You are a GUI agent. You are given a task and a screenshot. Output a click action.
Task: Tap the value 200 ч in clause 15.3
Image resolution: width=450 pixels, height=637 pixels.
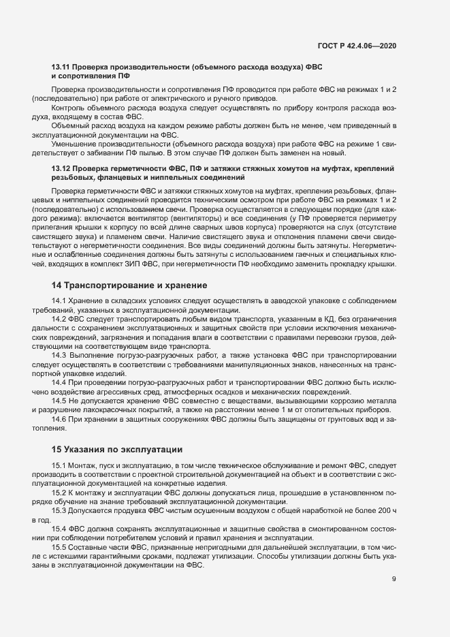(386, 510)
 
